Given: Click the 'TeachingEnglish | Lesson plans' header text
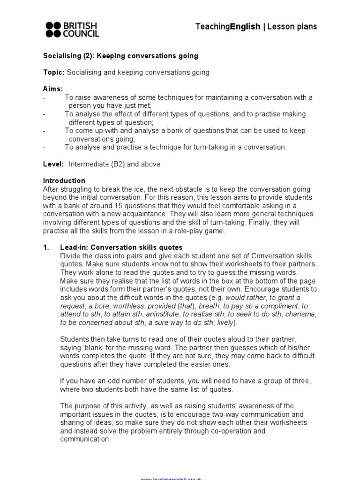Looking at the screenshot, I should point(256,27).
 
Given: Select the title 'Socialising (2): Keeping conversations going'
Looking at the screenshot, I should point(120,56).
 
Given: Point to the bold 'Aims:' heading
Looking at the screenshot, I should point(53,89).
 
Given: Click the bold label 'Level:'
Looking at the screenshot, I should point(54,164).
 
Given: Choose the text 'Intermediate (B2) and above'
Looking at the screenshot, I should point(114,164).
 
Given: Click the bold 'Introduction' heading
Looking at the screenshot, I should point(64,180).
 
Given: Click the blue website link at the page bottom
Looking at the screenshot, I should point(171,478).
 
